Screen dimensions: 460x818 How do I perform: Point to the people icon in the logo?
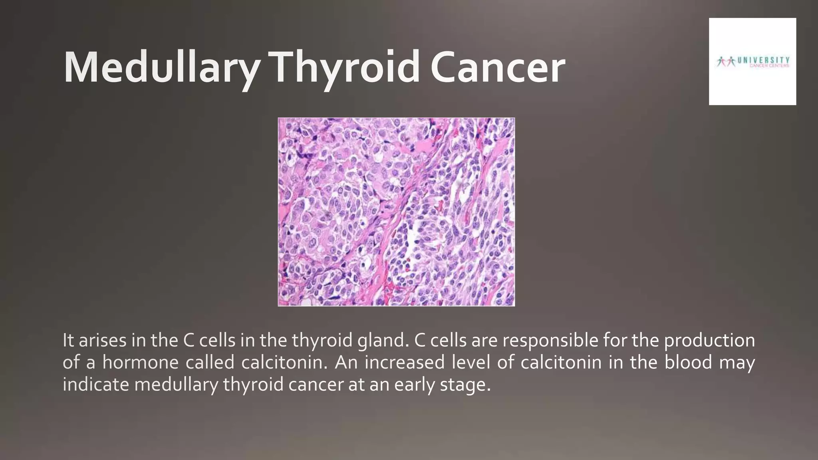click(726, 61)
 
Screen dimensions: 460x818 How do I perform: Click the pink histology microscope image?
click(396, 212)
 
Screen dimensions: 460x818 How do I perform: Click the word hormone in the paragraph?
click(140, 363)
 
